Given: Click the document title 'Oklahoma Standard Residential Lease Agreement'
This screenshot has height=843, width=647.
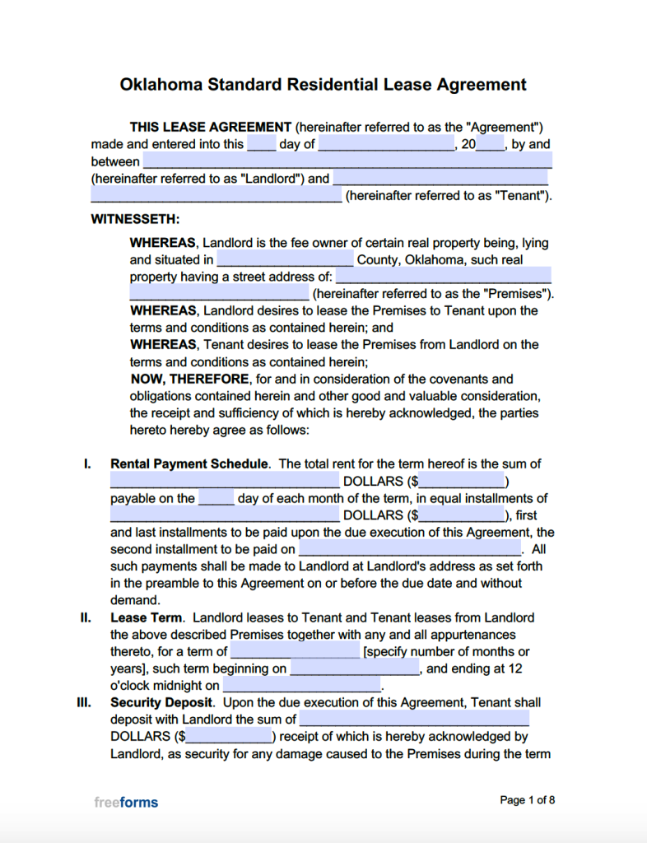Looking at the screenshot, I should (323, 85).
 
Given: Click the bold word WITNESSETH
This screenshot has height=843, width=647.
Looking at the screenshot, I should (135, 220).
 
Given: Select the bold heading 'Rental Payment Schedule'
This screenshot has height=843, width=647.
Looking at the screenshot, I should (189, 464).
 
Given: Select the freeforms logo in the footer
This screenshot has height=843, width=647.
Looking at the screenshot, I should (125, 802).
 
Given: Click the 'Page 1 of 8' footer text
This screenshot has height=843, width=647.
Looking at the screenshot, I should (528, 800).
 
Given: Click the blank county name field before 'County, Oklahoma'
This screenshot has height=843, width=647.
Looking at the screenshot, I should (285, 260).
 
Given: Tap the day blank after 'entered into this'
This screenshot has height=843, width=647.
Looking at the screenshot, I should (262, 144).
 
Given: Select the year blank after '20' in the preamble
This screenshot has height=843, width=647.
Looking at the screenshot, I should (490, 144).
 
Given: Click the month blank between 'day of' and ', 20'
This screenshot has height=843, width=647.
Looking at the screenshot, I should (386, 144).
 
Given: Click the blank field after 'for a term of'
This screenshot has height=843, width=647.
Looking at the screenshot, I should (295, 652).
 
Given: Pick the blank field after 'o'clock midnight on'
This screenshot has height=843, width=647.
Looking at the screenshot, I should (301, 686).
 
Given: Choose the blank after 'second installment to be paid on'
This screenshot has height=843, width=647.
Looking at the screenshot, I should (410, 549).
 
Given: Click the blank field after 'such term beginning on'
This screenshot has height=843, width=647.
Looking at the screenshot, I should (355, 668).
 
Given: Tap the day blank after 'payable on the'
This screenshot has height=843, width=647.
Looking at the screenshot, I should (216, 498).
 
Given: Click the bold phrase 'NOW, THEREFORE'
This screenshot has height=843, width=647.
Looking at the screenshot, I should (189, 380).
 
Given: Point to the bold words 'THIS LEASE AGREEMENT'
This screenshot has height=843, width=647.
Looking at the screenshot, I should (211, 128).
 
